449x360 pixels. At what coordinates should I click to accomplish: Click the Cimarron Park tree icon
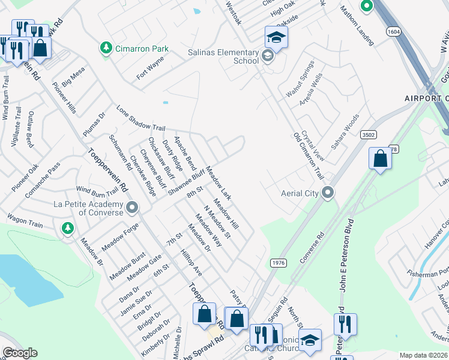click(x=106, y=47)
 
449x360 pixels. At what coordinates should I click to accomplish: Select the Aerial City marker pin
click(x=328, y=193)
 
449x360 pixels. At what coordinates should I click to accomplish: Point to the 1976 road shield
click(x=278, y=263)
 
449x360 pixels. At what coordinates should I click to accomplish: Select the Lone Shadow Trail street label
click(x=140, y=119)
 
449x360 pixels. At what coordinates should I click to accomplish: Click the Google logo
click(x=20, y=353)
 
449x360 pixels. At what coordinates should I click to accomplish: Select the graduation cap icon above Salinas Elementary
click(x=277, y=37)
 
